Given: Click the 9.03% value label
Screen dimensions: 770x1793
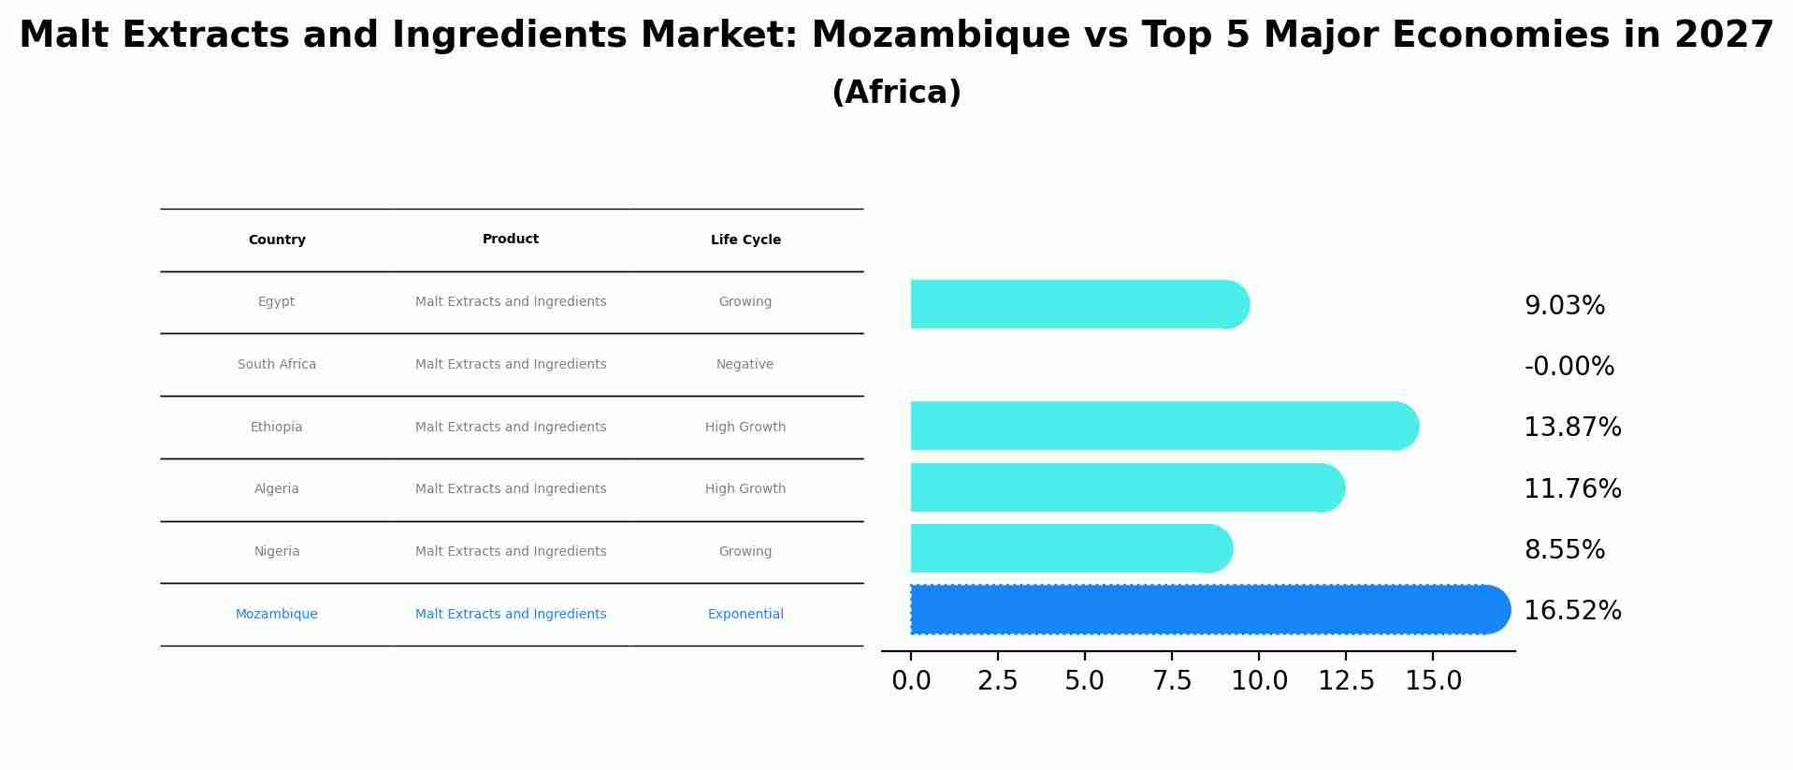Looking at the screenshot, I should tap(1564, 306).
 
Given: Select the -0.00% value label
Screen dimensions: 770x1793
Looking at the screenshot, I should tap(1569, 367).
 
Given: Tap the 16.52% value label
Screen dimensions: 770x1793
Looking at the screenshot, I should tap(1572, 611).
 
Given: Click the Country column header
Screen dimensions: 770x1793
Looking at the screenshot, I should tap(277, 240).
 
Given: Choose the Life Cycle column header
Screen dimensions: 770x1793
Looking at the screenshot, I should tap(745, 240).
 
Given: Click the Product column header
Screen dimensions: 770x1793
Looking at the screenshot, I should tap(511, 240).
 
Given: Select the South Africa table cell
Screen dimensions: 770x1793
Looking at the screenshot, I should tap(277, 365).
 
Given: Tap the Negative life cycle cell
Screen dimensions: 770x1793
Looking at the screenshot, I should tap(745, 365).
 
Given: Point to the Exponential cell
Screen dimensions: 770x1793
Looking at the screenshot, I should tap(745, 615).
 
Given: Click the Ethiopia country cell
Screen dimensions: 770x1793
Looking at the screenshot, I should tap(276, 428).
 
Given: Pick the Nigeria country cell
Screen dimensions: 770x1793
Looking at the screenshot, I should tap(277, 552).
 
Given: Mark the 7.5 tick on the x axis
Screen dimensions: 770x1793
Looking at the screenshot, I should tap(1172, 681).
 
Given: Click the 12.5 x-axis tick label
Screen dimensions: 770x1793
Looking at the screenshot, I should tap(1346, 681).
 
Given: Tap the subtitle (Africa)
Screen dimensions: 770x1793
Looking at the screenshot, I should tap(896, 93).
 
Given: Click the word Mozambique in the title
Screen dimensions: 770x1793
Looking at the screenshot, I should tap(940, 36).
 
